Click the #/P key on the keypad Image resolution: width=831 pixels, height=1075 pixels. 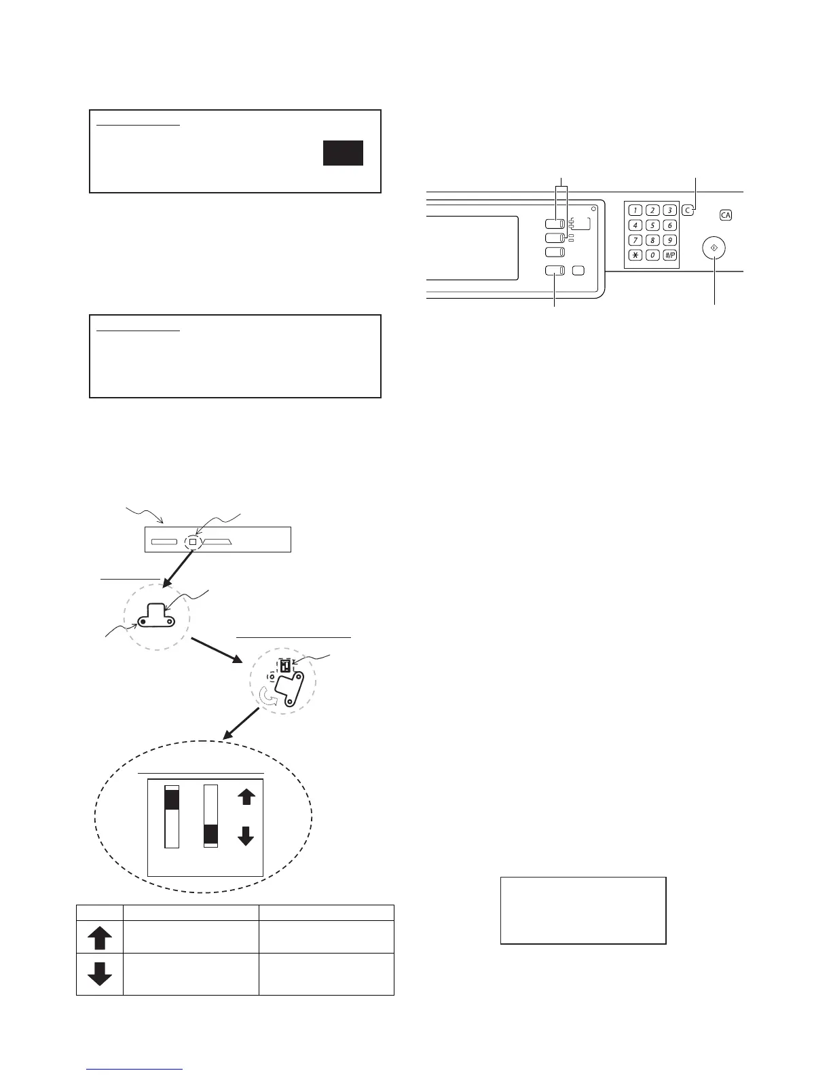click(x=669, y=255)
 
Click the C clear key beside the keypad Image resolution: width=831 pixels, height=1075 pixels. click(x=688, y=210)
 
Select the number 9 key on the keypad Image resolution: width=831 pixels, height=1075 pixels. click(x=669, y=240)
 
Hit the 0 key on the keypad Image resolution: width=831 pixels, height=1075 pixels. click(x=652, y=255)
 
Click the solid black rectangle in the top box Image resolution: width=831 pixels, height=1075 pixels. click(x=343, y=153)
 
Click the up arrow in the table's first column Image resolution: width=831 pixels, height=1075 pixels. click(x=100, y=938)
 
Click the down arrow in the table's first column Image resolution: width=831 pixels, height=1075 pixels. click(x=100, y=974)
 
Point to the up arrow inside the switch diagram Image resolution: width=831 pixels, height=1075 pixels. click(x=246, y=796)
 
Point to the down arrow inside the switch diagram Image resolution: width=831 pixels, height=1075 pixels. click(x=246, y=836)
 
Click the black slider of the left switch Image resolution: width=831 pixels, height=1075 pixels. click(x=171, y=799)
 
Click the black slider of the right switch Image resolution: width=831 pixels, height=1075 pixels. click(x=211, y=834)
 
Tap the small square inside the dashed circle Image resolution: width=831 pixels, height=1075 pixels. click(x=193, y=542)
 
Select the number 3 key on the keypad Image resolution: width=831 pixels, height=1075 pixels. click(x=669, y=210)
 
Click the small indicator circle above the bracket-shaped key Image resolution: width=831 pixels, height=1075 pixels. click(x=593, y=208)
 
